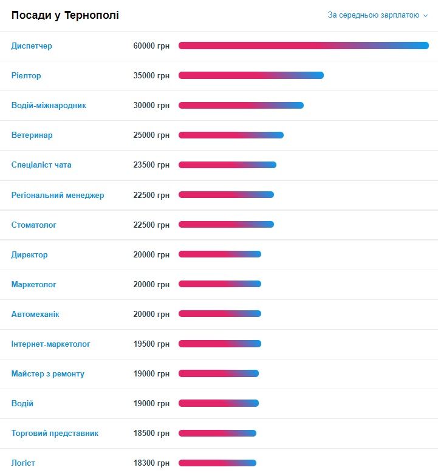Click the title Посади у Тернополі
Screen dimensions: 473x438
65,15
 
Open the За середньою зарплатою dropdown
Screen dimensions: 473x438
378,15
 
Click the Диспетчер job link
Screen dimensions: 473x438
32,46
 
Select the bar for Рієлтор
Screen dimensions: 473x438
251,75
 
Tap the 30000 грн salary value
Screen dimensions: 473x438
151,106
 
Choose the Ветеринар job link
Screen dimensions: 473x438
32,135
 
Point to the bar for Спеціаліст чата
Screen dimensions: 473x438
227,165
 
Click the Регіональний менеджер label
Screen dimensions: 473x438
58,195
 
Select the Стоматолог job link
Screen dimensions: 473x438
34,225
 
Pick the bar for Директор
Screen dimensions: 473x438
219,254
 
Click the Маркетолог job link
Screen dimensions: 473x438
34,285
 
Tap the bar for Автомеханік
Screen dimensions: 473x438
219,313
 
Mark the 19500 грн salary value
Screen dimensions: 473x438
151,344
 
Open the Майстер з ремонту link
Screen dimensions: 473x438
48,374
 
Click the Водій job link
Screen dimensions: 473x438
22,404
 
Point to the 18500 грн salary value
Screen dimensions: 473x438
151,434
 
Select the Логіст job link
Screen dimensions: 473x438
23,463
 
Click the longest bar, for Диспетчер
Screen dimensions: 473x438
303,46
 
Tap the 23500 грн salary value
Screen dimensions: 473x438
151,165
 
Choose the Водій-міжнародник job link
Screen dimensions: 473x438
49,106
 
